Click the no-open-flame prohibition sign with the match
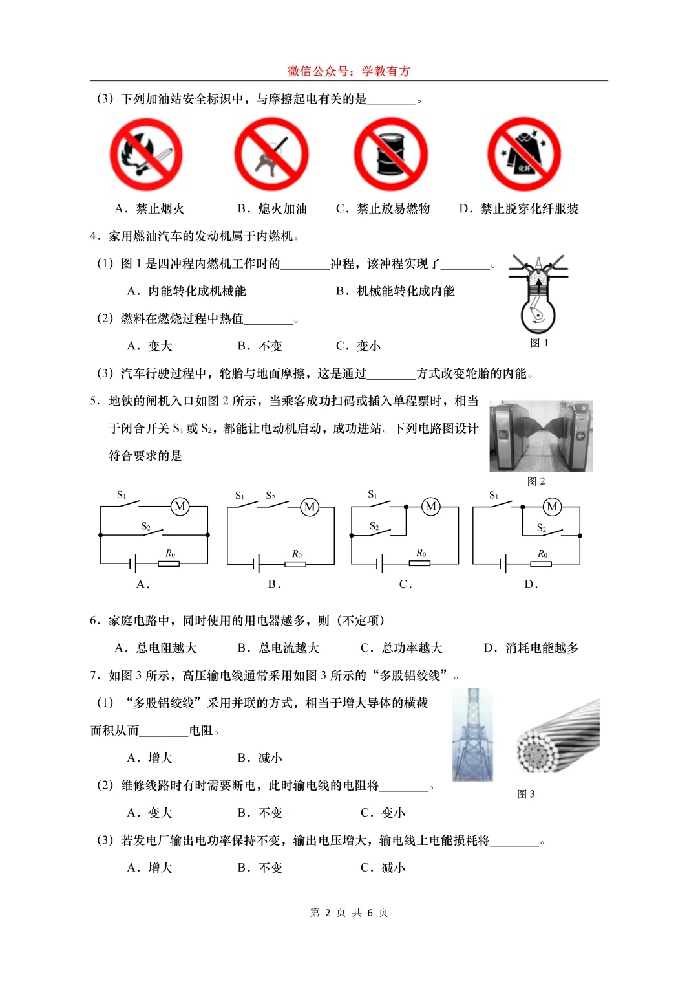(x=146, y=155)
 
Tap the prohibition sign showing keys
(x=271, y=155)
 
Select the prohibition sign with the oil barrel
(x=391, y=155)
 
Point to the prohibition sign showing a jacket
(x=524, y=155)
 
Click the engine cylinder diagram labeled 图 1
(x=538, y=295)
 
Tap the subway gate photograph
(x=541, y=435)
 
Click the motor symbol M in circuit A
(x=180, y=507)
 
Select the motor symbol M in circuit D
(x=552, y=507)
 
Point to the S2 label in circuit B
(x=271, y=496)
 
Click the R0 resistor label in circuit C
(x=421, y=553)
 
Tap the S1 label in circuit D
(x=494, y=496)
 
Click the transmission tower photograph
(x=472, y=735)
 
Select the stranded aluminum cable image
(x=558, y=736)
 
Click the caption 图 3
(x=526, y=794)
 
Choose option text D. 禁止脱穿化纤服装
(x=519, y=209)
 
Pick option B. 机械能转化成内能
(x=396, y=291)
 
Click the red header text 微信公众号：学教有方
(x=349, y=71)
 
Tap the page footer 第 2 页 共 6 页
(x=349, y=912)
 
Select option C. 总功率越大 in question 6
(x=401, y=648)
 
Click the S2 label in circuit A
(x=146, y=527)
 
